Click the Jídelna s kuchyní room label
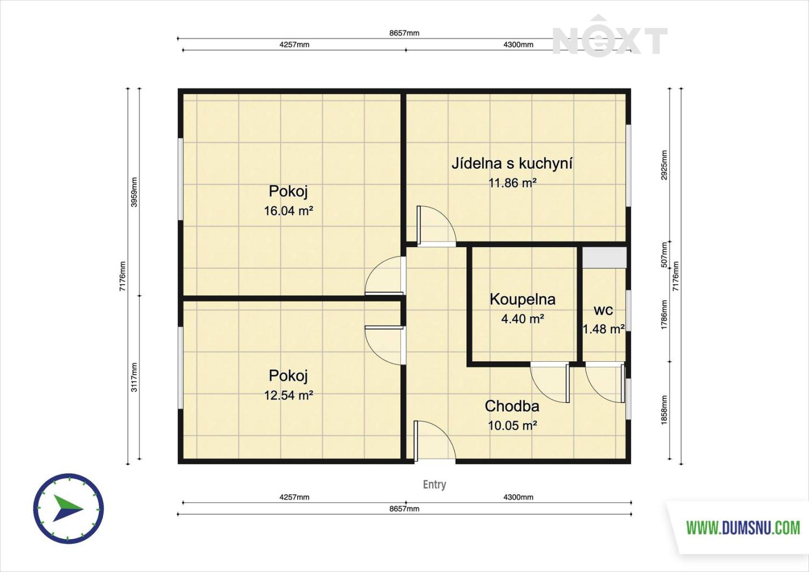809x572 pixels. (x=512, y=163)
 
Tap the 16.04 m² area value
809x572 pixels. (x=288, y=211)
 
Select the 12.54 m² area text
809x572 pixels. (x=288, y=395)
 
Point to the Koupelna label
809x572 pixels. (x=522, y=299)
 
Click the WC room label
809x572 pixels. (x=604, y=310)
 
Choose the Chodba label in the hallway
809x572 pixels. (x=512, y=406)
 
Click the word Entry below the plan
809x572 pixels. (x=435, y=484)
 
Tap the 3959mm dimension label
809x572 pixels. (x=134, y=192)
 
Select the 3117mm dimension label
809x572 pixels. (x=134, y=377)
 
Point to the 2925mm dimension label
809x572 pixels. (x=664, y=165)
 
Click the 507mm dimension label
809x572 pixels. (x=664, y=255)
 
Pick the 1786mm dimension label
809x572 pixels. (x=664, y=315)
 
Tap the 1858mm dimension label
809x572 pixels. (x=664, y=410)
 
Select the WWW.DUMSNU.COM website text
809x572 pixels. (x=743, y=528)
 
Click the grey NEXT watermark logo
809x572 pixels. (x=610, y=36)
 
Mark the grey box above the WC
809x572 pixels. (x=604, y=258)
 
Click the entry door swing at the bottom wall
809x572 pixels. (x=435, y=440)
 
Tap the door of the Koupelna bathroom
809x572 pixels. (x=550, y=383)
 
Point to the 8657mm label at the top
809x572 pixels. (x=404, y=33)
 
